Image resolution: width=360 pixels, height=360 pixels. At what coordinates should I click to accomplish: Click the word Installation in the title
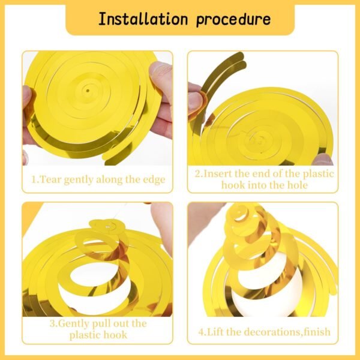click(143, 19)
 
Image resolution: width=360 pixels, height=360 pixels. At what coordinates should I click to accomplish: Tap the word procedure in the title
click(233, 20)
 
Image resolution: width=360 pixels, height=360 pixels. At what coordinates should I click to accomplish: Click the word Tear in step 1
click(50, 179)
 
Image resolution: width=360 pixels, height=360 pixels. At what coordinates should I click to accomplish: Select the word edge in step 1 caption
click(154, 180)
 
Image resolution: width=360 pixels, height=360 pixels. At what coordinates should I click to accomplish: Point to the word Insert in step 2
click(218, 173)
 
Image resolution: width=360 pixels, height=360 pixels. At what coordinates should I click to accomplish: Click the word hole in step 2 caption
click(297, 185)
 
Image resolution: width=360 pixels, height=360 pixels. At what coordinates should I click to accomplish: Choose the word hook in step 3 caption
click(115, 335)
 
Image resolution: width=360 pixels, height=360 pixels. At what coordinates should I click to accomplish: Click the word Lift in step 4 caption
click(215, 332)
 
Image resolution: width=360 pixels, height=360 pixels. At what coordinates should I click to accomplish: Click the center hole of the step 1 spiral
click(88, 91)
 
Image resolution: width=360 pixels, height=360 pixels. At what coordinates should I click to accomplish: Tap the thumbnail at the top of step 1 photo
click(161, 68)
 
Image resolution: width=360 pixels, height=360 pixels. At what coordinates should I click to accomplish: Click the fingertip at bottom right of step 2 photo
click(323, 160)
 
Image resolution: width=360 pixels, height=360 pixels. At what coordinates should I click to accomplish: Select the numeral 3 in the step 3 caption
click(53, 324)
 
